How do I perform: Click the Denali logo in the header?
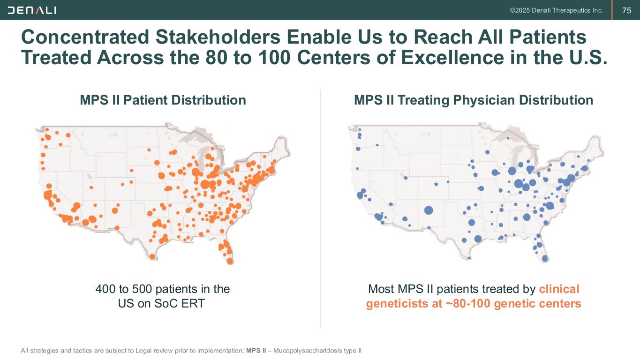(x=32, y=10)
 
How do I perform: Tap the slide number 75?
(x=626, y=10)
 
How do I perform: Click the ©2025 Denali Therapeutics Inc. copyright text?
(x=556, y=10)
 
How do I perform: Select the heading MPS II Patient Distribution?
(x=163, y=100)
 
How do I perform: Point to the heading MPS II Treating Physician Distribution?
(x=474, y=100)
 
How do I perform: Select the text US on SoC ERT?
(x=161, y=303)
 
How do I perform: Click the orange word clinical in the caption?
(x=559, y=289)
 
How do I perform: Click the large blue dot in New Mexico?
(x=428, y=210)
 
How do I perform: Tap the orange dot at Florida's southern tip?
(x=230, y=261)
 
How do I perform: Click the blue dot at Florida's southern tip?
(x=545, y=258)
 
